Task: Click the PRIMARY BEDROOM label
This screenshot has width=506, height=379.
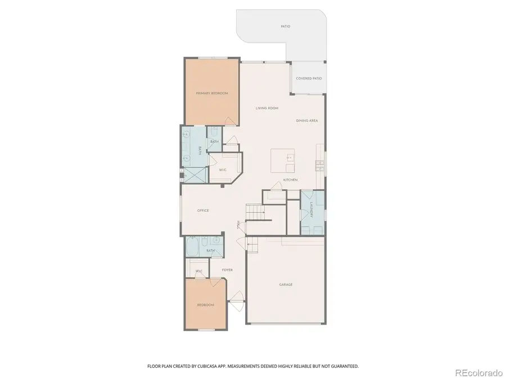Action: point(212,93)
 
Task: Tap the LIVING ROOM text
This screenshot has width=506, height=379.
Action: point(267,108)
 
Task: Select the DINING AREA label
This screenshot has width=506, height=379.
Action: point(307,121)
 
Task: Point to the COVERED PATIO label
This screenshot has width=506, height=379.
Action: point(309,79)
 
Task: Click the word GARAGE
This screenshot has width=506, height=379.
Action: point(286,285)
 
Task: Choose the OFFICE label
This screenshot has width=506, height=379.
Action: point(203,211)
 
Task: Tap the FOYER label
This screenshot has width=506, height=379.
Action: point(227,270)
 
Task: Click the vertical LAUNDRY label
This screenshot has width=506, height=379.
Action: point(311,211)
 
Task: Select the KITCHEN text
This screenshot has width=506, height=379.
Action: point(290,180)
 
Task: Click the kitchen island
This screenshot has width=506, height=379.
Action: point(282,161)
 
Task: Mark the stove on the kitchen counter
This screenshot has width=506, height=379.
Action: point(319,165)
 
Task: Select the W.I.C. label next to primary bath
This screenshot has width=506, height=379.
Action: point(222,170)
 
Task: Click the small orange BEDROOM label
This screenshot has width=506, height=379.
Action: point(205,305)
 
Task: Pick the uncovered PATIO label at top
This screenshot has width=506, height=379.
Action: point(286,26)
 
